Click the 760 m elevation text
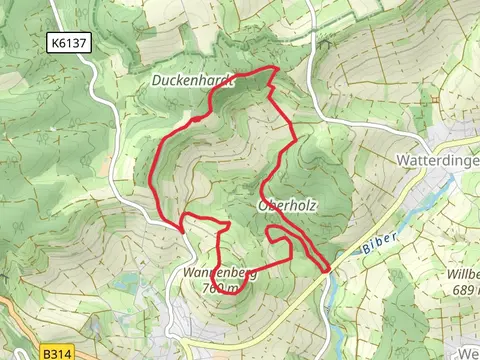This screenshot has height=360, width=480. [220, 288]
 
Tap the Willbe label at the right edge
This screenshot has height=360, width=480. [463, 274]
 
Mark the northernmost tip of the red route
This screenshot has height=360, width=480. [272, 69]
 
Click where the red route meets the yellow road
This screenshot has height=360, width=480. [327, 268]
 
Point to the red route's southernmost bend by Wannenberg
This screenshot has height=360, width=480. [232, 293]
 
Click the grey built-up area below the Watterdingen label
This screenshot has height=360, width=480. [440, 190]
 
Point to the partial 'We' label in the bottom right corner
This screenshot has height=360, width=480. [468, 352]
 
